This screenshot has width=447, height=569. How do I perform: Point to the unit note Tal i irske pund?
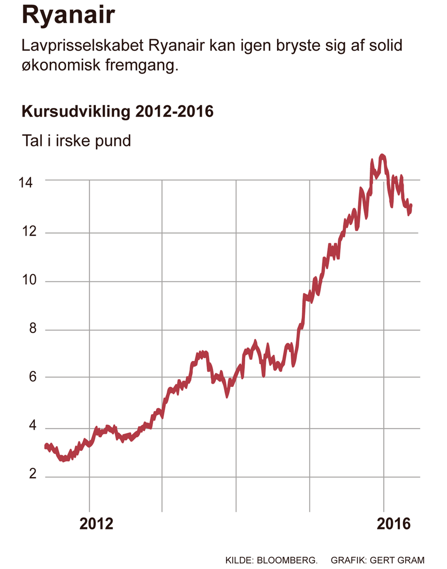click(x=76, y=140)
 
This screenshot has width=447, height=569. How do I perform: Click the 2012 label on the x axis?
click(x=96, y=523)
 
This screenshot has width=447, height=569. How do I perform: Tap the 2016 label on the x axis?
click(x=394, y=523)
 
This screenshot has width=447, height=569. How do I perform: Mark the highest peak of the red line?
click(x=382, y=155)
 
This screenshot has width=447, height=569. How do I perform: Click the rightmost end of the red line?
click(x=411, y=205)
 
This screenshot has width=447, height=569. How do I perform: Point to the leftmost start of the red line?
click(x=46, y=447)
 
